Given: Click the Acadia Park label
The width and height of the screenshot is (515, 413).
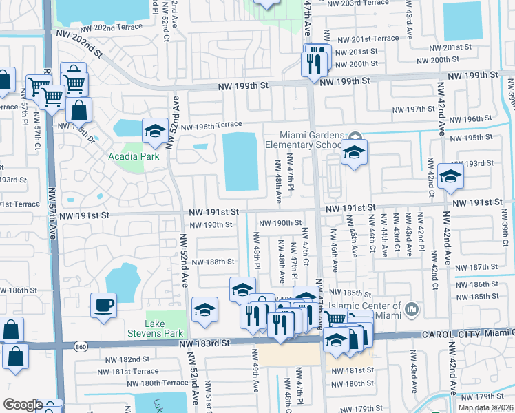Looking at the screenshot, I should pyautogui.click(x=134, y=156).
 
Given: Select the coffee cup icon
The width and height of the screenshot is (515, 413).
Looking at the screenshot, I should pyautogui.click(x=103, y=305).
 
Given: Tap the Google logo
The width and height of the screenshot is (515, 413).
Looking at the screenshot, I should pyautogui.click(x=23, y=404).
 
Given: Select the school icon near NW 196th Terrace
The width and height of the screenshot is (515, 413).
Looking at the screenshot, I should pyautogui.click(x=156, y=131).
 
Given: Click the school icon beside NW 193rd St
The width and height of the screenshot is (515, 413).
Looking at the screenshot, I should pyautogui.click(x=450, y=176).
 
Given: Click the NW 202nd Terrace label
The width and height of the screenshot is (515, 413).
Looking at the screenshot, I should pyautogui.click(x=107, y=29).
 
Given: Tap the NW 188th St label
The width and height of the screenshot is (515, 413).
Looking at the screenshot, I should pyautogui.click(x=213, y=262).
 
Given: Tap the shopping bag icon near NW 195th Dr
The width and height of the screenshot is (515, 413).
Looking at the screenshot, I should pyautogui.click(x=81, y=109).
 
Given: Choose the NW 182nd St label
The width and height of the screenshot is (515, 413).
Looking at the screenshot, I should pyautogui.click(x=127, y=359).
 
